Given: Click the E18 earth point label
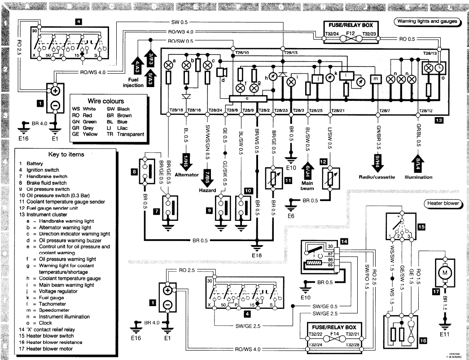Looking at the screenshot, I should (x=257, y=255).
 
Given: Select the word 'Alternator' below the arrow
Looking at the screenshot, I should (x=187, y=175).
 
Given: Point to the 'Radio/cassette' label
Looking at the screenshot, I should (x=377, y=177).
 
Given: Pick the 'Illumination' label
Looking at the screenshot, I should (x=418, y=177).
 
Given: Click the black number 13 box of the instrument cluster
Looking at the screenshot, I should (x=438, y=120).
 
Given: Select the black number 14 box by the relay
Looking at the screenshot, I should (x=344, y=241).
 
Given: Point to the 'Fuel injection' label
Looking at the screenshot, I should (x=133, y=82).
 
